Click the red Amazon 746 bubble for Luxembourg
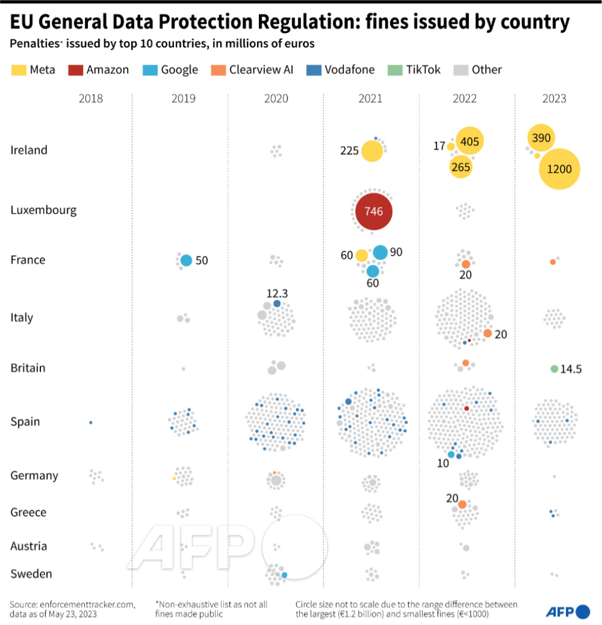pyautogui.click(x=373, y=211)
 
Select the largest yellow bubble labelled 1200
pyautogui.click(x=559, y=169)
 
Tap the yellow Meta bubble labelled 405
pyautogui.click(x=469, y=141)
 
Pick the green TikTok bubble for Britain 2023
pyautogui.click(x=554, y=369)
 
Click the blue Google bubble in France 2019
pyautogui.click(x=186, y=260)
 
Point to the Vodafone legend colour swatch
pyautogui.click(x=313, y=70)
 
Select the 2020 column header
pyautogui.click(x=276, y=99)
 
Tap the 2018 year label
pyautogui.click(x=91, y=99)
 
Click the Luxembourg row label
pyautogui.click(x=43, y=210)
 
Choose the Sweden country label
pyautogui.click(x=31, y=574)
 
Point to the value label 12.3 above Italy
pyautogui.click(x=277, y=293)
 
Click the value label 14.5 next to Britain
pyautogui.click(x=571, y=369)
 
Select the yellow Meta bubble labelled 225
pyautogui.click(x=372, y=151)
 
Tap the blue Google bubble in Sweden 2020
pyautogui.click(x=284, y=575)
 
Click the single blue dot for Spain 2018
pyautogui.click(x=90, y=422)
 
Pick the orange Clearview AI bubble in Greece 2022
pyautogui.click(x=462, y=505)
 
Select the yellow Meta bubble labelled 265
pyautogui.click(x=461, y=167)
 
